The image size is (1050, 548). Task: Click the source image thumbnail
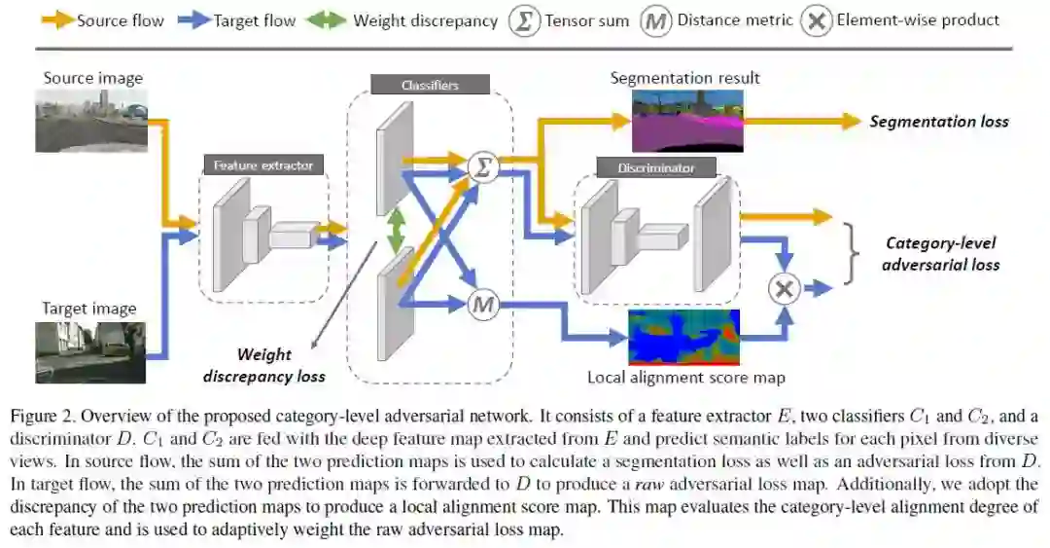click(91, 120)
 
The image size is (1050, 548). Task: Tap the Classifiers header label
click(430, 86)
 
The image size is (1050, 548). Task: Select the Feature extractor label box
click(263, 165)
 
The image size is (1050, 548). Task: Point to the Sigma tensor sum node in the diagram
click(482, 167)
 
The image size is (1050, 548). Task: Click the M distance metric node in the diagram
click(482, 306)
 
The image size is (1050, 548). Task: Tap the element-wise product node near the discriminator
click(784, 288)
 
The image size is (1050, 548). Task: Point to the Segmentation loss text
click(938, 122)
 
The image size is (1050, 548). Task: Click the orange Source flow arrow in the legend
click(56, 19)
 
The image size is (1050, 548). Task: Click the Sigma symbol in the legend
click(524, 20)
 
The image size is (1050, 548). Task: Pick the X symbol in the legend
click(816, 20)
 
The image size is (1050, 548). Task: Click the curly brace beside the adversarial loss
click(853, 253)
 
